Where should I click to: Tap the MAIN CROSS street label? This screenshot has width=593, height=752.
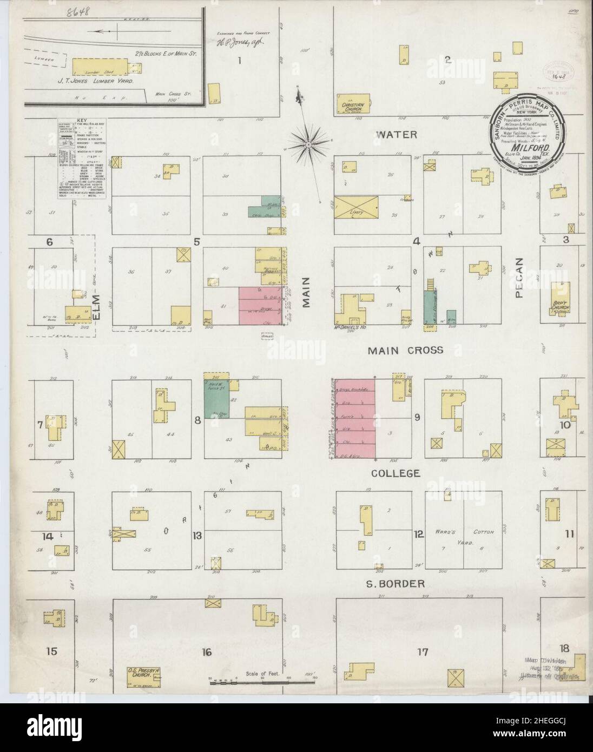405,351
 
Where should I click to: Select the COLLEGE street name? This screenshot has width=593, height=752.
396,473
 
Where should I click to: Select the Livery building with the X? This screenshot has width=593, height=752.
355,207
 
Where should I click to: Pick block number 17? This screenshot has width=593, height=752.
423,652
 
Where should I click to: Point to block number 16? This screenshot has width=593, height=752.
206,652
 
